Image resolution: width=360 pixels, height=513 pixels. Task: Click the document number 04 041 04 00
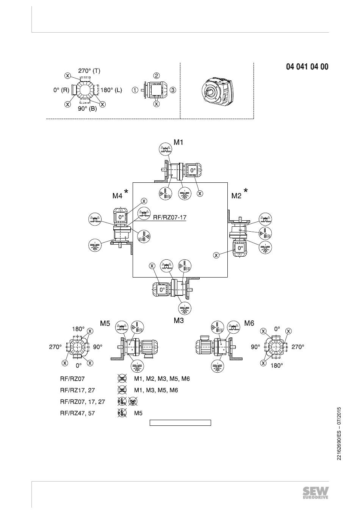click(307, 67)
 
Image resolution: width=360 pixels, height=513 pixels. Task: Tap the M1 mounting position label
click(178, 142)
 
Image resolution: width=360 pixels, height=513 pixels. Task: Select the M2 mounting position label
click(236, 196)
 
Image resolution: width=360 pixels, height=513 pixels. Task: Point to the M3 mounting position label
click(179, 320)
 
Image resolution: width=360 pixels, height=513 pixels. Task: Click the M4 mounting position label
click(117, 196)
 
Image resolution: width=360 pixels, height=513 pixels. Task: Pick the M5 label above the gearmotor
click(105, 323)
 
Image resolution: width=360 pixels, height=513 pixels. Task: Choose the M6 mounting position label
click(249, 323)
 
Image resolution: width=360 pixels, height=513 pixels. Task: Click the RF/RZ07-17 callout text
click(170, 217)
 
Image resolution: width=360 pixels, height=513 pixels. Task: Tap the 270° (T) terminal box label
click(89, 71)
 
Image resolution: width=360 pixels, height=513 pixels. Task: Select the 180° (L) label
click(111, 90)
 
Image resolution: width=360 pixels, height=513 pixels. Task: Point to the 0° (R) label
click(61, 90)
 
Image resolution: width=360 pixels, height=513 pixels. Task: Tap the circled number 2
click(157, 75)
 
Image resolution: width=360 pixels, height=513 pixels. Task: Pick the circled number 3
click(173, 90)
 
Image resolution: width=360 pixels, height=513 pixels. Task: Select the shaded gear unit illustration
click(217, 90)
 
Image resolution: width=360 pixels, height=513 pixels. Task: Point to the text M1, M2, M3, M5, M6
click(162, 379)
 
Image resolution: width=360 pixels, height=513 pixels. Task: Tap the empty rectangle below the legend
click(180, 423)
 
